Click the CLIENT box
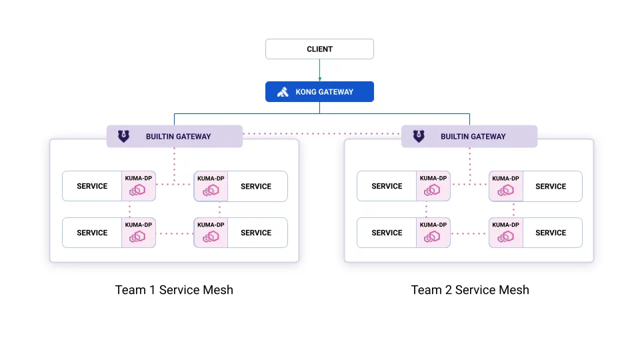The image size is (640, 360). tap(319, 49)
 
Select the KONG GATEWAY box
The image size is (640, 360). tap(319, 92)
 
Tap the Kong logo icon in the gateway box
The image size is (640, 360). tap(283, 92)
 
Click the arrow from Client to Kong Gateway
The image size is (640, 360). tap(319, 70)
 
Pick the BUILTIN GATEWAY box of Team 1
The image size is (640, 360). tap(175, 137)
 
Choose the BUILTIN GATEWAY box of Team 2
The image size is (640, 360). tap(469, 137)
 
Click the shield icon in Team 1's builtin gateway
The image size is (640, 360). tap(124, 137)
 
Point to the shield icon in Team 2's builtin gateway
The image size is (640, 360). tap(419, 137)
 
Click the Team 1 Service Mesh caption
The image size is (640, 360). tap(174, 290)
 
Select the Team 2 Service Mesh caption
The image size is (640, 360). tap(470, 290)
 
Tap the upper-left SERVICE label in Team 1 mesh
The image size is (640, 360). tap(92, 187)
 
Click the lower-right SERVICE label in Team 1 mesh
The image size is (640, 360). tap(256, 233)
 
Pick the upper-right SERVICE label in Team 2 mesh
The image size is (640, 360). tap(551, 187)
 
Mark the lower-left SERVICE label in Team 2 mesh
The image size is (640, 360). tap(387, 233)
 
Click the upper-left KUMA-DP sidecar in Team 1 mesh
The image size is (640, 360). tap(139, 187)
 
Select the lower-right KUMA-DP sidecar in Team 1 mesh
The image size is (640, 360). tap(211, 233)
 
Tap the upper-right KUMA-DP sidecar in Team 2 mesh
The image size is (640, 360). tap(505, 187)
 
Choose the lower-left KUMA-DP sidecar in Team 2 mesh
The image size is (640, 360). tap(433, 233)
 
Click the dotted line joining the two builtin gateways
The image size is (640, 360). tap(322, 134)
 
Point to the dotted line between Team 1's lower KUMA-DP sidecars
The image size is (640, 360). tap(175, 234)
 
